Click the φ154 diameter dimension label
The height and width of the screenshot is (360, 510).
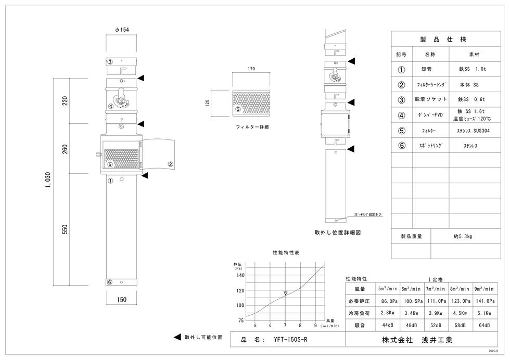click(x=121, y=30)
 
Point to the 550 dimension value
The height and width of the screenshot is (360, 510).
click(x=65, y=229)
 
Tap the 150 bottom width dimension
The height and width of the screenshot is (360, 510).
click(x=121, y=300)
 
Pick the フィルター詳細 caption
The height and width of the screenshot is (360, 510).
click(x=252, y=126)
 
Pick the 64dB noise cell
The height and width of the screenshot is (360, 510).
click(x=484, y=325)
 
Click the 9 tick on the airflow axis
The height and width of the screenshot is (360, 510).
click(x=315, y=326)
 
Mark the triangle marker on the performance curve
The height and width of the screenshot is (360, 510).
click(x=285, y=293)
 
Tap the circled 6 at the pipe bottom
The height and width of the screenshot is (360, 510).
click(x=109, y=282)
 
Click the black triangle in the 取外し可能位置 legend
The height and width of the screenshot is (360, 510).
click(x=177, y=337)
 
